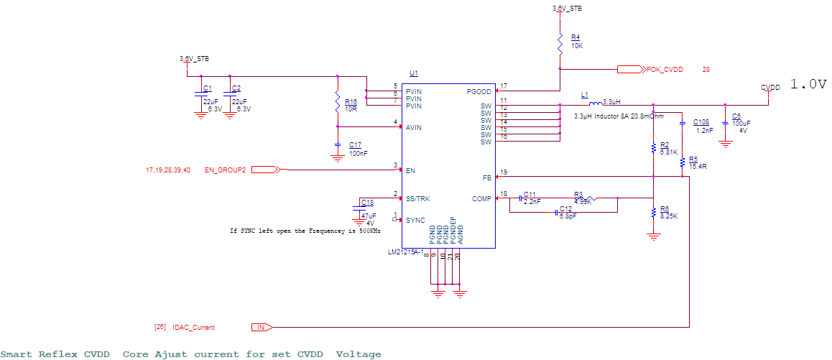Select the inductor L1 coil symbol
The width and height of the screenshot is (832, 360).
click(595, 102)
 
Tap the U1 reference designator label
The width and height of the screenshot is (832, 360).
click(413, 73)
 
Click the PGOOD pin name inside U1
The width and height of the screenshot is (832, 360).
click(479, 92)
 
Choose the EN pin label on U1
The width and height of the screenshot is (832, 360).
click(410, 171)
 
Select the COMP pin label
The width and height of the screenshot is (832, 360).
click(481, 199)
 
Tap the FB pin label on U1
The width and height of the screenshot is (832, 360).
click(487, 177)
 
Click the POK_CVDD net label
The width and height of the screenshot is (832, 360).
click(664, 70)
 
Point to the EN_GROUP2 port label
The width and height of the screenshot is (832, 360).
click(225, 170)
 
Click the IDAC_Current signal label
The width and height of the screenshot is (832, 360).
click(193, 328)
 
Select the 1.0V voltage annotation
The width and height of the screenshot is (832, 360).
click(809, 84)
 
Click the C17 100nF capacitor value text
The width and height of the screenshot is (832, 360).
click(359, 153)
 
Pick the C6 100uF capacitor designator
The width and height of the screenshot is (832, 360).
click(736, 116)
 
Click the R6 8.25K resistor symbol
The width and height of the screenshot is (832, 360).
click(653, 213)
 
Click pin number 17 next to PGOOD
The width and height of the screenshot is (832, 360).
click(504, 86)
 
